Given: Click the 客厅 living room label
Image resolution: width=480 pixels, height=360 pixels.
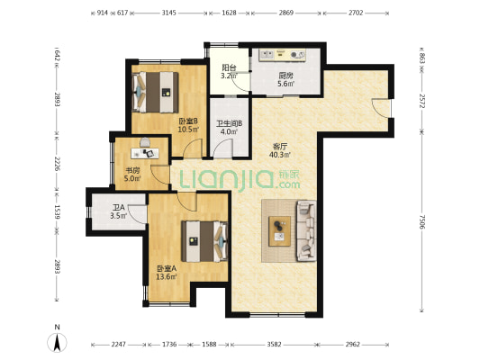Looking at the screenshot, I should coord(280,146).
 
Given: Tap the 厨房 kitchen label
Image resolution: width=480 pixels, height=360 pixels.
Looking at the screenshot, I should coord(285,76).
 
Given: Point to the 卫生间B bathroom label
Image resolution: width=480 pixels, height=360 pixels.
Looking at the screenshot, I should coord(226,124).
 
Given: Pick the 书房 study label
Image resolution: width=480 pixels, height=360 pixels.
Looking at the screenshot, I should coord(131,168).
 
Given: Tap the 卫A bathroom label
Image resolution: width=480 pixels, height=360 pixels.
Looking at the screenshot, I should coord(117,209).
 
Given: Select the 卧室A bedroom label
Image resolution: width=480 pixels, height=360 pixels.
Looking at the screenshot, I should coord(166,267).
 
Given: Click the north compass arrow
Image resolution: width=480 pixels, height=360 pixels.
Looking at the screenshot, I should coord(57,340).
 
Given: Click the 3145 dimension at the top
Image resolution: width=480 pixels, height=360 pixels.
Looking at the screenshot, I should coord(168,13).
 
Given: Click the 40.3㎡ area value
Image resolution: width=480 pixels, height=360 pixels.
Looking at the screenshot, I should coord(280,155).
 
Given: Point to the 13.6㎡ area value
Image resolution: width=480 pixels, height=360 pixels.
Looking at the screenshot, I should coord(166,276).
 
